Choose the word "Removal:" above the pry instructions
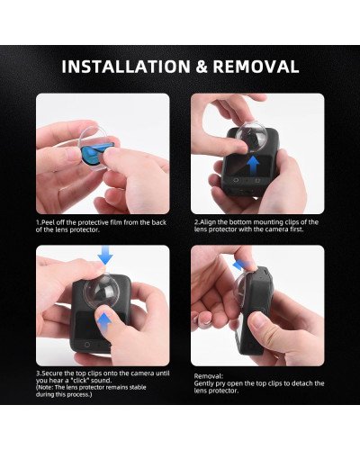[x=207, y=375]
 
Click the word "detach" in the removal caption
[x=302, y=383]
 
